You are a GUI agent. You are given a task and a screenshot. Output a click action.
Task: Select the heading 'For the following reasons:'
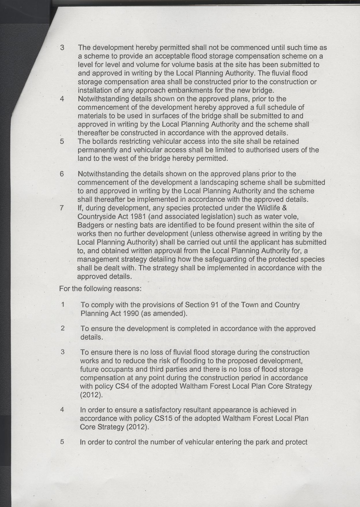(100, 288)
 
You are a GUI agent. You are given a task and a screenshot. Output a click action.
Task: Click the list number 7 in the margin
(61, 208)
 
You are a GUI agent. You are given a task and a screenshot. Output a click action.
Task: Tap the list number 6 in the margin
(61, 174)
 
